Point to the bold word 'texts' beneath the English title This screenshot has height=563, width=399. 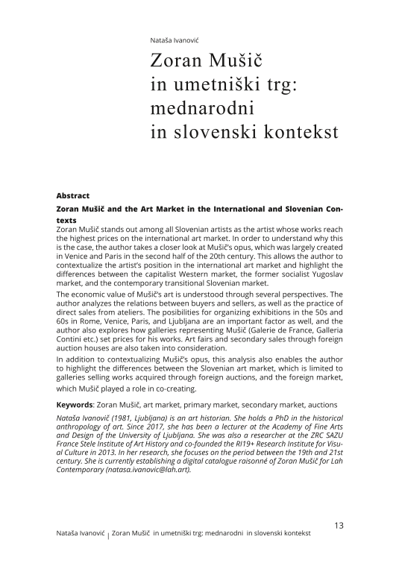[67, 221]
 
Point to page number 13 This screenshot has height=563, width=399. [338, 525]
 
